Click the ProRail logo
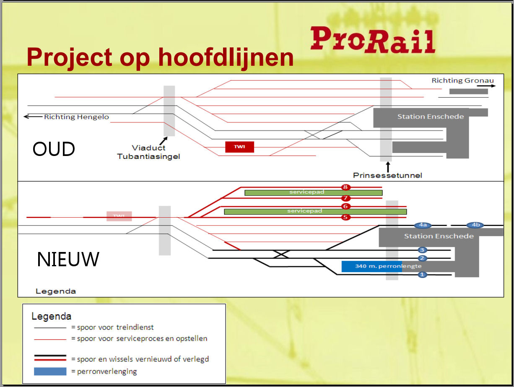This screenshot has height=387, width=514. (x=373, y=40)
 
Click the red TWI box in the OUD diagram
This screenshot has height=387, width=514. (x=239, y=147)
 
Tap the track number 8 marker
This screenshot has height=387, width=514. (x=345, y=187)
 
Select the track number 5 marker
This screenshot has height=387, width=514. (x=345, y=217)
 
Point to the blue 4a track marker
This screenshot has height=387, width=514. (x=423, y=225)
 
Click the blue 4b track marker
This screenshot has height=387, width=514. (x=475, y=225)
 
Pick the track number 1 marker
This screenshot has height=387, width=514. (x=422, y=275)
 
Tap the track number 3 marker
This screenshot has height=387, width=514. (x=422, y=250)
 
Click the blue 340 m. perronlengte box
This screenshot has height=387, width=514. (x=371, y=266)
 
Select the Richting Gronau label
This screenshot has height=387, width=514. (x=462, y=81)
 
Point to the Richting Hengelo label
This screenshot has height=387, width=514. (x=76, y=117)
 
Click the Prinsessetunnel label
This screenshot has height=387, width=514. (x=387, y=175)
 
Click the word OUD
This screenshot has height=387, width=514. (x=54, y=149)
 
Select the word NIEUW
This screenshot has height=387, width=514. (x=68, y=260)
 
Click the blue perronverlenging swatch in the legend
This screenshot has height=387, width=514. (x=50, y=371)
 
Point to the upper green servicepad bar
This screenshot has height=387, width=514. (x=313, y=192)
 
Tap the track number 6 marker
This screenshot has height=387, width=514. (x=345, y=206)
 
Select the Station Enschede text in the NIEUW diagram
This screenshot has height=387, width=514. (x=439, y=236)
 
